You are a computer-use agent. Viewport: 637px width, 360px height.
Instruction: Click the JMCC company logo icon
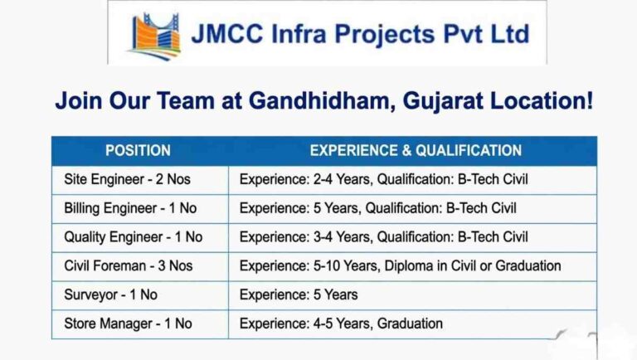point(154,36)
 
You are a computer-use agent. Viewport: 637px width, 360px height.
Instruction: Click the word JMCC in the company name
point(227,33)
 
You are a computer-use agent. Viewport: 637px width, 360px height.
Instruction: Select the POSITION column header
point(139,151)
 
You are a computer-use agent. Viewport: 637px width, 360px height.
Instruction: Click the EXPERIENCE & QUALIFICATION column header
point(416,151)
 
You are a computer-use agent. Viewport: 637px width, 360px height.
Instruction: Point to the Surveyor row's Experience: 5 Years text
point(299,294)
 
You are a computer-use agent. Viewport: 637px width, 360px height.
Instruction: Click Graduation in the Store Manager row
point(410,324)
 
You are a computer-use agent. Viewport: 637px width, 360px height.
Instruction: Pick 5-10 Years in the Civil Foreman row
point(347,265)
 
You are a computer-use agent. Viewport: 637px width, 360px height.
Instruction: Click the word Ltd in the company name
point(510,33)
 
